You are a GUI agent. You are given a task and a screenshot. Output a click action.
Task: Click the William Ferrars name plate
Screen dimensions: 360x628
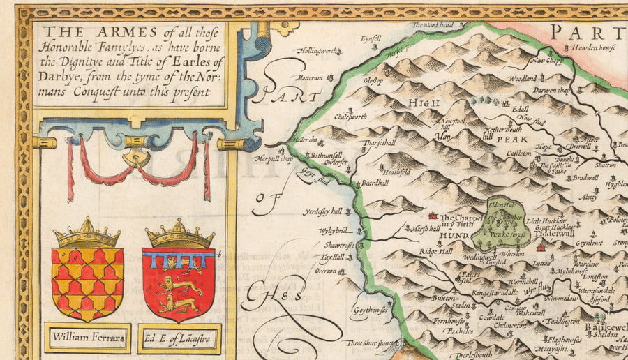(87, 338)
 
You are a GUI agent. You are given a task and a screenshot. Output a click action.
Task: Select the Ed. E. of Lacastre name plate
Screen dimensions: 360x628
(179, 339)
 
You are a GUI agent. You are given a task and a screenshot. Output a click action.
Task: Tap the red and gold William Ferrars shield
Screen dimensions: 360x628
(87, 278)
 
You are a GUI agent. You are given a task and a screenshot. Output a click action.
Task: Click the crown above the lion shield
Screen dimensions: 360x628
(179, 234)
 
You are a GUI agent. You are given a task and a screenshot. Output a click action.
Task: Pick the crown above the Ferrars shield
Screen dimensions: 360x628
(87, 234)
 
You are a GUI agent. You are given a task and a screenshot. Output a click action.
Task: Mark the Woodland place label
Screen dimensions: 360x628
(522, 79)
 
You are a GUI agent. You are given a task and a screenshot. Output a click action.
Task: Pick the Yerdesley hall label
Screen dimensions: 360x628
(322, 211)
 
